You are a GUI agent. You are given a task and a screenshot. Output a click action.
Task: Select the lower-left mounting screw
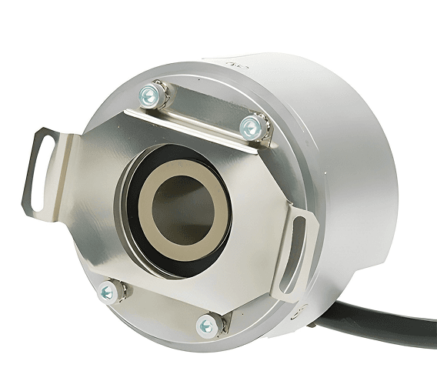pos(108,291)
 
